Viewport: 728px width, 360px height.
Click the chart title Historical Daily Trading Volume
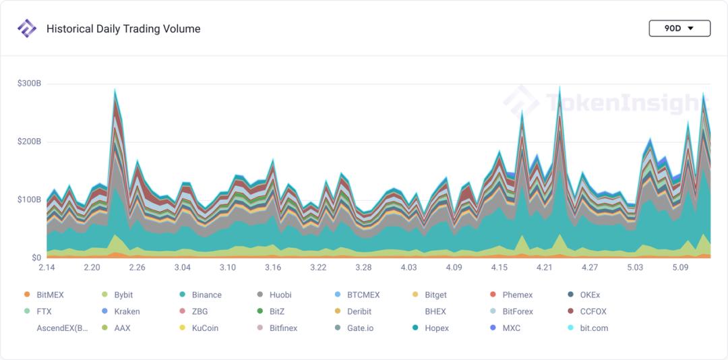click(x=123, y=29)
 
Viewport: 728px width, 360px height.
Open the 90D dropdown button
click(x=679, y=28)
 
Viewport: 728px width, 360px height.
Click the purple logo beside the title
click(x=27, y=28)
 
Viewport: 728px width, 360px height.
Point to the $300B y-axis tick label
click(x=29, y=84)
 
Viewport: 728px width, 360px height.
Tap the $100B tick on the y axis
click(x=29, y=200)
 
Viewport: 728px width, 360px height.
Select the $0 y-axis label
click(x=36, y=258)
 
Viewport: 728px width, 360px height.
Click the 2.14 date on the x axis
click(x=47, y=268)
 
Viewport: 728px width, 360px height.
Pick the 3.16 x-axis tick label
click(x=272, y=268)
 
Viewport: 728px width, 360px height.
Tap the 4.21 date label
click(x=544, y=268)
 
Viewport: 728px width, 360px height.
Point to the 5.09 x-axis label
click(x=680, y=268)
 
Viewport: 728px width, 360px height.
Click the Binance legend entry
click(x=200, y=295)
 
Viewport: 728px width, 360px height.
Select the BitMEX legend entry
click(x=44, y=295)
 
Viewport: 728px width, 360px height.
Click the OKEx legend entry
click(x=584, y=295)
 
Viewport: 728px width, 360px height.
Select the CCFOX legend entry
click(x=588, y=311)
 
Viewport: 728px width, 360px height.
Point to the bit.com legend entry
click(x=588, y=328)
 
